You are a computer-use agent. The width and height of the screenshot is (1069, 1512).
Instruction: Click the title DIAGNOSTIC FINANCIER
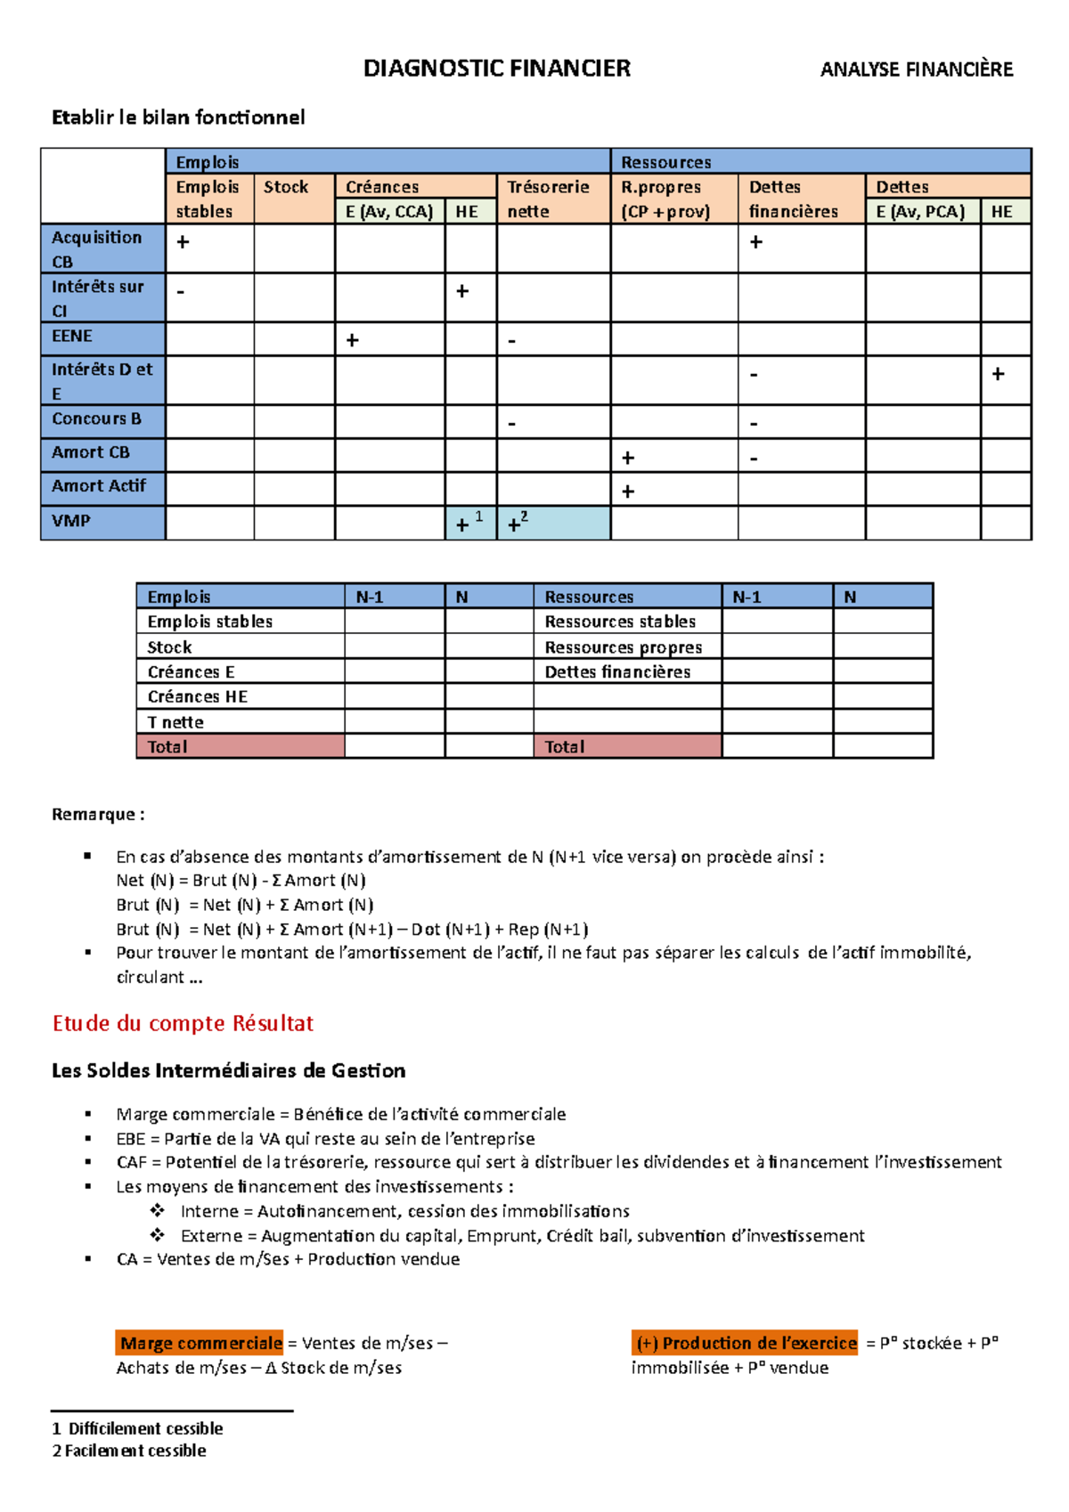496,69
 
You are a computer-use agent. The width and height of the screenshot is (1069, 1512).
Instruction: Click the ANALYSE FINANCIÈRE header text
916,69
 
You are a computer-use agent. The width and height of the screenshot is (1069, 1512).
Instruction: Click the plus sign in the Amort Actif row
628,492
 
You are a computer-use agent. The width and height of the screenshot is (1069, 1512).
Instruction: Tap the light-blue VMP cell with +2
553,524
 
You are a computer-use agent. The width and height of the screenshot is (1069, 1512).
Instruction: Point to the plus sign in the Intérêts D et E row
998,374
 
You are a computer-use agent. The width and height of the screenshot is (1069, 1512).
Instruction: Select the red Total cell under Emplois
240,746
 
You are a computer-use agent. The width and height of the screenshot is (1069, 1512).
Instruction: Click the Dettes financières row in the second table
617,672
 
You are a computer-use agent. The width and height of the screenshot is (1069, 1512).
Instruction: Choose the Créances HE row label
198,697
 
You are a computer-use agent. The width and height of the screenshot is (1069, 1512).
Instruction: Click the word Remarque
94,814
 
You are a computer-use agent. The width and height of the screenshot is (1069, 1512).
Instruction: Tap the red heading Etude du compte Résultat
183,1023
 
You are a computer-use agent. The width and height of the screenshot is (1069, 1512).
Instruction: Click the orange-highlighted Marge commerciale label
200,1343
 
